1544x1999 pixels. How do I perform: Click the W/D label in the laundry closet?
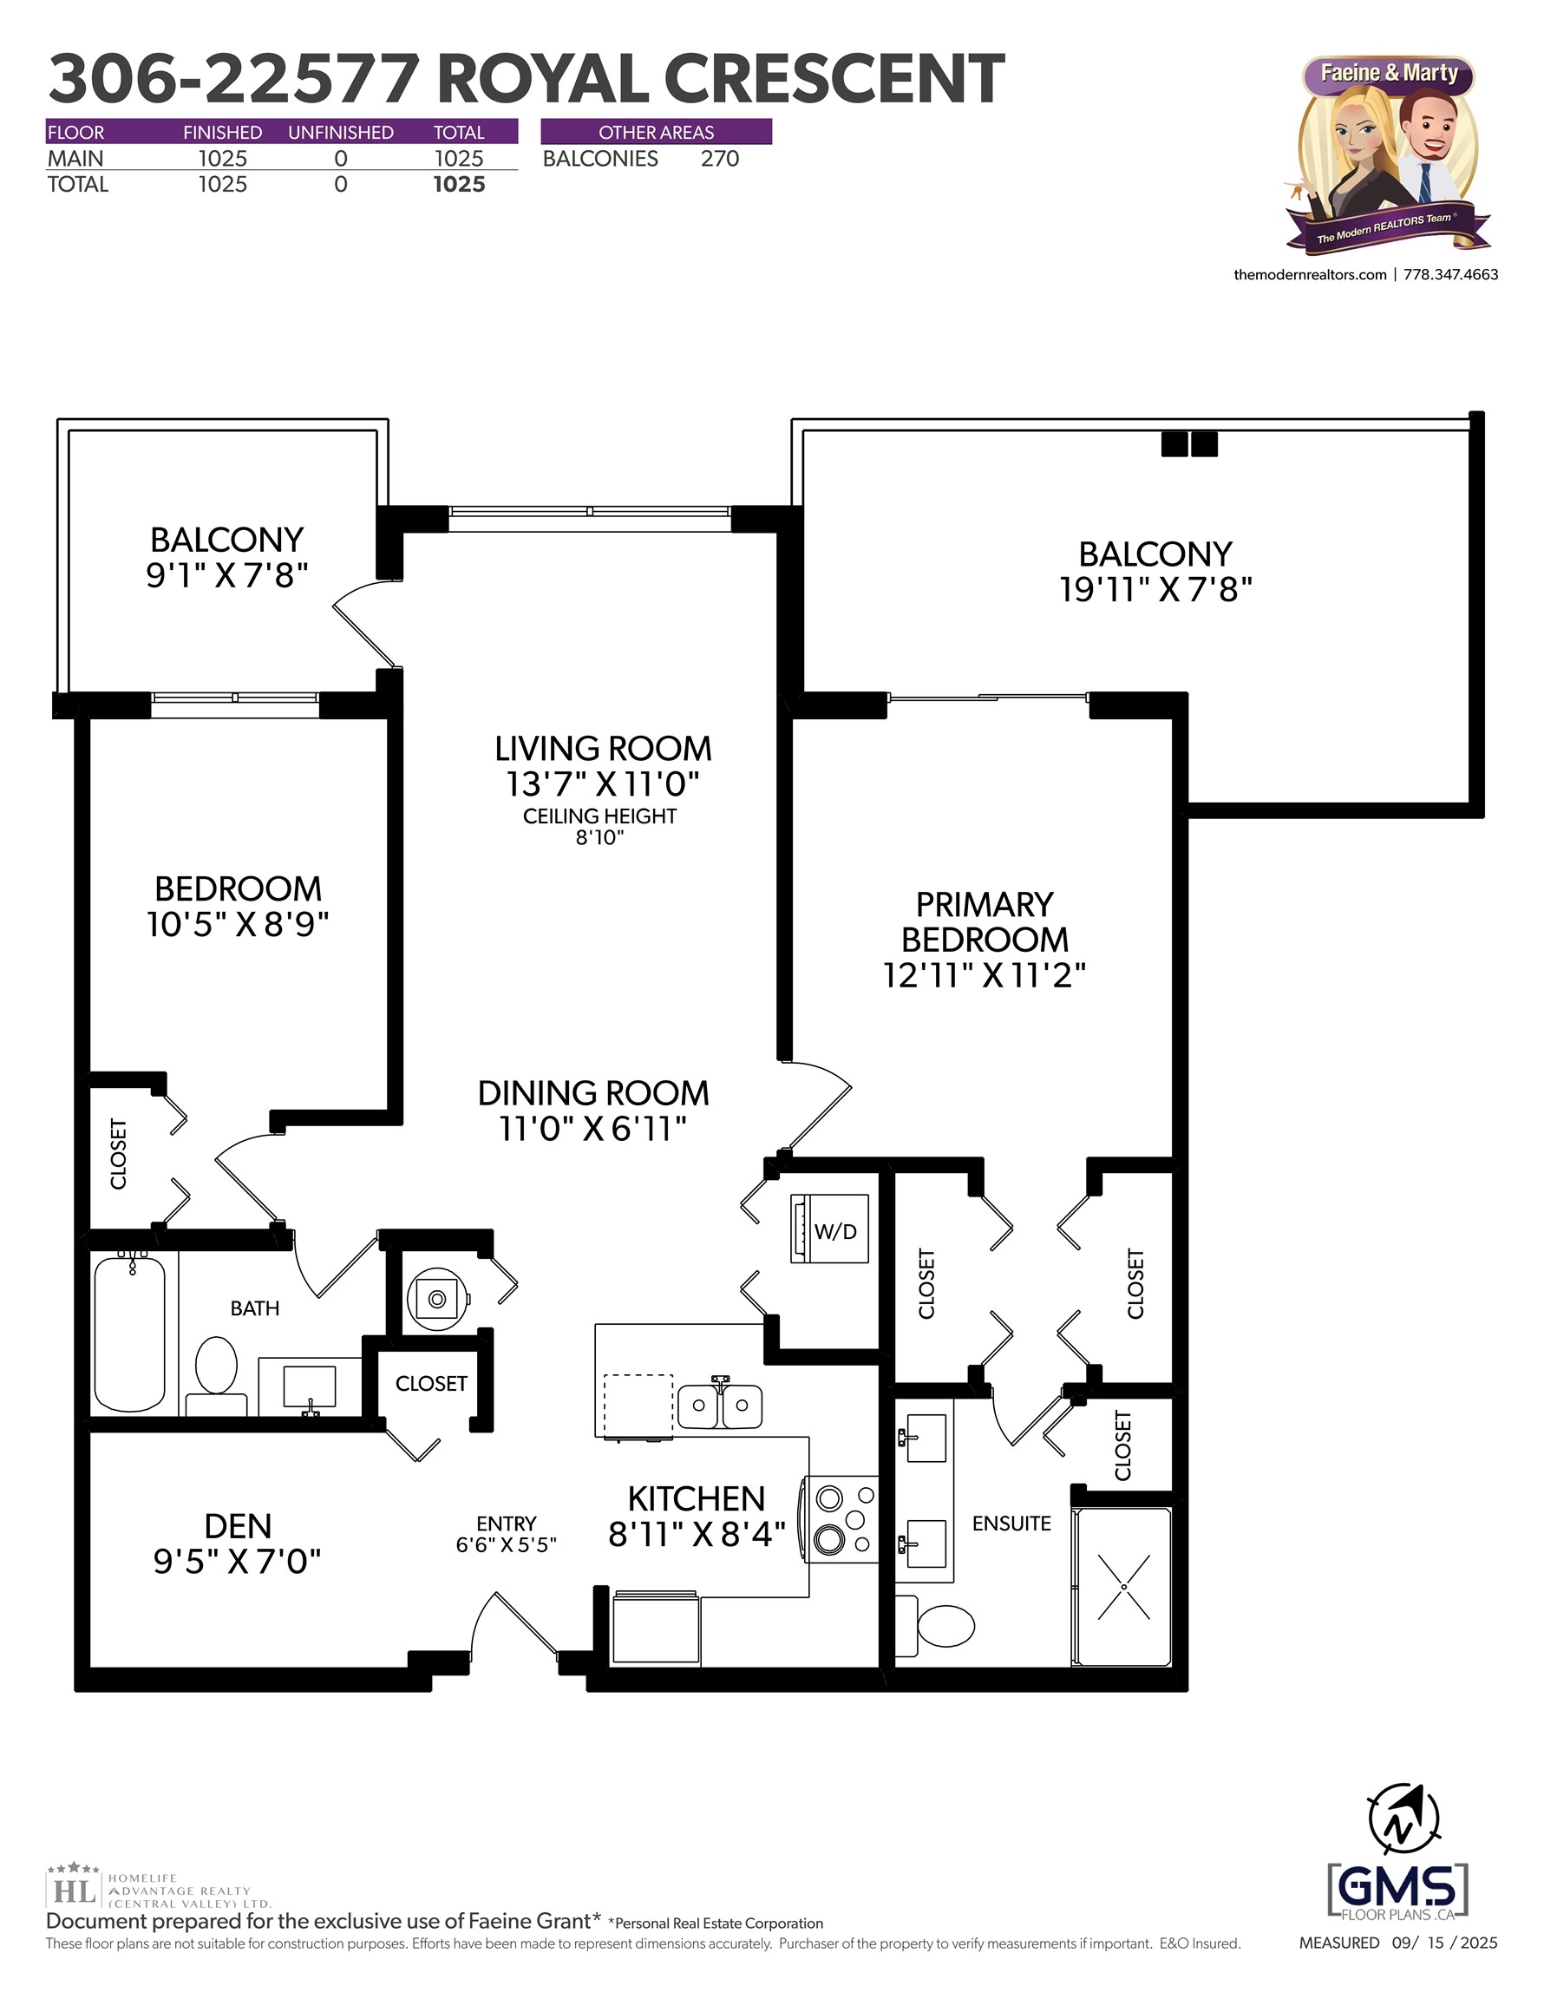click(x=835, y=1232)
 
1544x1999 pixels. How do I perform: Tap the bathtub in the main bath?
click(x=130, y=1334)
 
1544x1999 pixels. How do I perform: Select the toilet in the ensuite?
click(x=944, y=1626)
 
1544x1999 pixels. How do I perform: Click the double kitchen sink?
click(x=719, y=1405)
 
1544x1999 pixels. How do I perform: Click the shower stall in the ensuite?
click(x=1123, y=1586)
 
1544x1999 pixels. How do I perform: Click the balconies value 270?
click(x=719, y=160)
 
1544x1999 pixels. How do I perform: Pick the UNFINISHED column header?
click(x=341, y=133)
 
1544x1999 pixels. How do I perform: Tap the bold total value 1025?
click(x=459, y=185)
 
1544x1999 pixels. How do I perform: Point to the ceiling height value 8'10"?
click(x=599, y=837)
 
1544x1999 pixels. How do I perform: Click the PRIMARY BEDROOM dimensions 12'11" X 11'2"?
click(x=984, y=976)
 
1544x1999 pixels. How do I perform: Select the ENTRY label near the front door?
click(x=506, y=1523)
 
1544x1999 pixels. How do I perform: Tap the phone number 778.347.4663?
click(x=1450, y=274)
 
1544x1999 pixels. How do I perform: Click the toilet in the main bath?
click(x=217, y=1369)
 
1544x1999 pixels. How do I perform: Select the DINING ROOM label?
click(x=593, y=1093)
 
